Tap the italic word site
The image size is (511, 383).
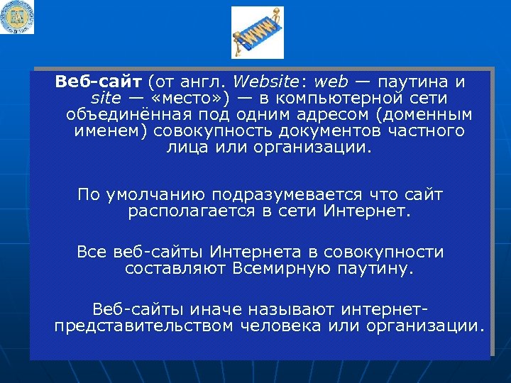pos(106,97)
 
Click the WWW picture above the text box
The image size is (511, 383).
pos(257,32)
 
